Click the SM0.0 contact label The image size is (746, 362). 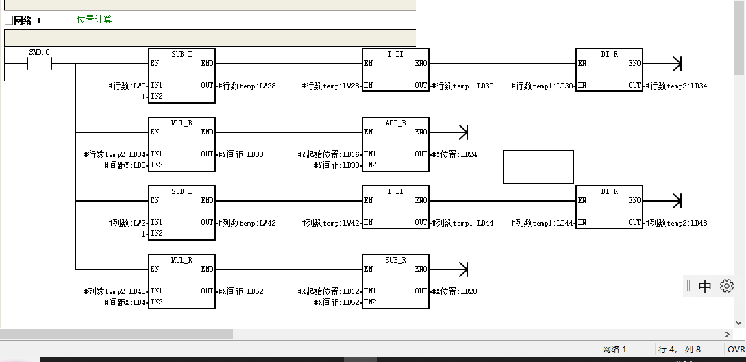click(39, 53)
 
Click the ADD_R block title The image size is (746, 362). click(395, 123)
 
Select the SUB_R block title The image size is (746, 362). click(395, 260)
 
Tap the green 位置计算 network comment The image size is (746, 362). click(95, 20)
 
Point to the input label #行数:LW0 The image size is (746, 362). click(127, 86)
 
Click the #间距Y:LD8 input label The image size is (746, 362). click(125, 165)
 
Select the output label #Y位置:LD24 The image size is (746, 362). click(455, 154)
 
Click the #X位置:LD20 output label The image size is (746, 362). click(455, 291)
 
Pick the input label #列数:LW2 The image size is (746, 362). click(127, 223)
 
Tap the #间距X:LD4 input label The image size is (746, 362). click(125, 302)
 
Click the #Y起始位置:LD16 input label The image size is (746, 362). click(329, 154)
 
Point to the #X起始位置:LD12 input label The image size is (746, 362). click(329, 291)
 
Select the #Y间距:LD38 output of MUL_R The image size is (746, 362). click(242, 154)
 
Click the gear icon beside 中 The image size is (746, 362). click(727, 286)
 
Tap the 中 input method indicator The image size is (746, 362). click(705, 287)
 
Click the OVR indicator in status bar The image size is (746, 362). click(736, 350)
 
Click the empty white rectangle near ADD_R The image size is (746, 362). click(538, 167)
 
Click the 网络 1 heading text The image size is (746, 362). click(27, 21)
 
